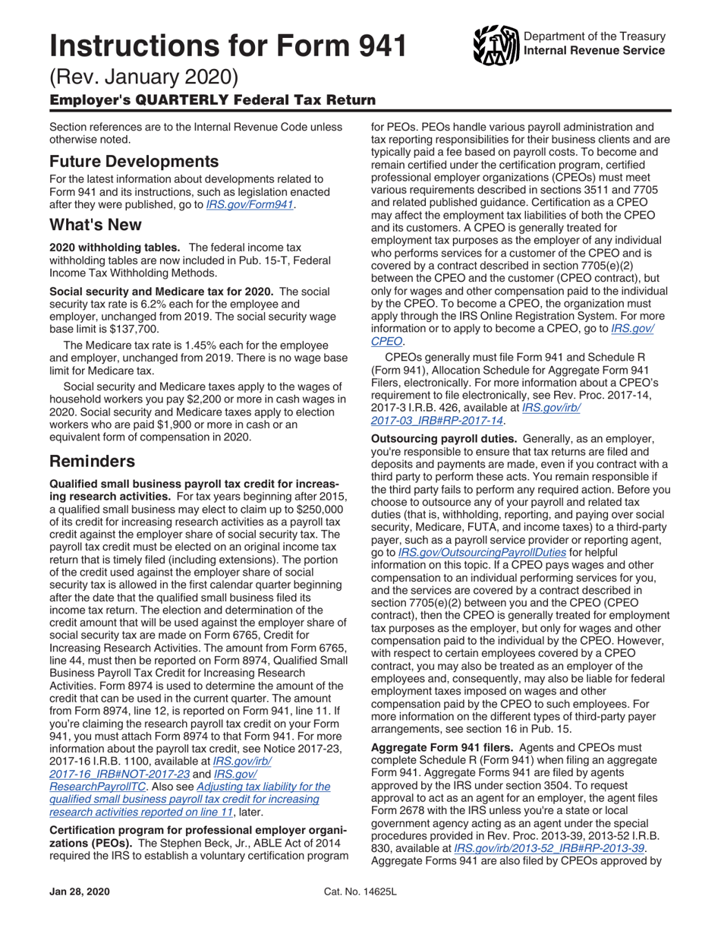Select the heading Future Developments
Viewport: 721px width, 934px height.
[134, 161]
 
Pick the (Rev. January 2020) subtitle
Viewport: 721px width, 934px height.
[144, 77]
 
